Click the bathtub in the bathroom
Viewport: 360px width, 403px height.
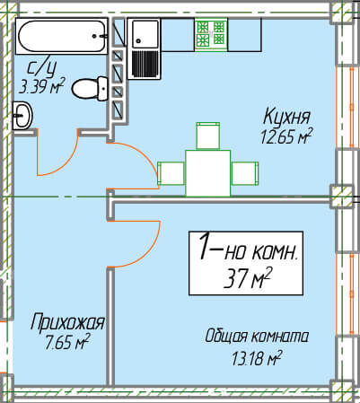(62, 36)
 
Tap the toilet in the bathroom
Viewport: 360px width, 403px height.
(90, 89)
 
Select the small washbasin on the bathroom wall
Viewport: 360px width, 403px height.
(22, 115)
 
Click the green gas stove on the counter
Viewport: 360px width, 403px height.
(211, 33)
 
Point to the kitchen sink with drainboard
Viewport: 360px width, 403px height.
(145, 48)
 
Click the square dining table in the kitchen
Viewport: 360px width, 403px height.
(208, 173)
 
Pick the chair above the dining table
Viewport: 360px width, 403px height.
(208, 136)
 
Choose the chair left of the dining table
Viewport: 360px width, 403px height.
(171, 173)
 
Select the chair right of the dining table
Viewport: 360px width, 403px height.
(245, 173)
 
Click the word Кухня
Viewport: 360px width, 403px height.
(286, 117)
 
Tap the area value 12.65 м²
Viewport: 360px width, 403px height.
(285, 136)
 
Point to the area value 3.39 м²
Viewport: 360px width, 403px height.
(42, 86)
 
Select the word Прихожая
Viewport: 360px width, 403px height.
(68, 322)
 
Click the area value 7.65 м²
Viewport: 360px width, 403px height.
(66, 342)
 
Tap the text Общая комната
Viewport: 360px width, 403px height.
(257, 337)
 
